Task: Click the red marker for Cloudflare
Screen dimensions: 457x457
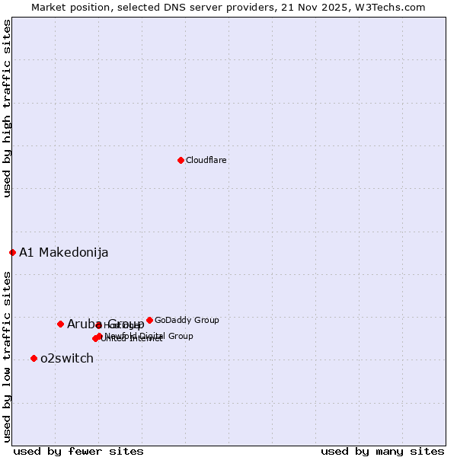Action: click(x=181, y=160)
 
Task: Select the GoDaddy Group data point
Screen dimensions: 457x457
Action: click(x=149, y=320)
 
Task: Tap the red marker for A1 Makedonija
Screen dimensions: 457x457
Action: click(x=12, y=252)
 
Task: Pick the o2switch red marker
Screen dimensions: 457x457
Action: click(x=34, y=358)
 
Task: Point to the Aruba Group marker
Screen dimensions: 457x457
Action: click(x=60, y=324)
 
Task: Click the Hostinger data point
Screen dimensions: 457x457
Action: click(x=99, y=325)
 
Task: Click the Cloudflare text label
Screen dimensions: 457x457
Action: click(x=206, y=160)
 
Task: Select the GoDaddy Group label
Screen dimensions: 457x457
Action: click(x=187, y=320)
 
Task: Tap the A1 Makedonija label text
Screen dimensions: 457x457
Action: click(x=64, y=252)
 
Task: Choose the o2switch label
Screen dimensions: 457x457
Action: click(x=67, y=358)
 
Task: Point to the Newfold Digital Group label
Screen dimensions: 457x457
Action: click(x=149, y=336)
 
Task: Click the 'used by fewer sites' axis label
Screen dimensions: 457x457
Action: click(x=78, y=451)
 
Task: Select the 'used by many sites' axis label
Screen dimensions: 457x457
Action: click(x=382, y=451)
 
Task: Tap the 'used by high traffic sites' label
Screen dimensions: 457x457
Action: click(x=7, y=108)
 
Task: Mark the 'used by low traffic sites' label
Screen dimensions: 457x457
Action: click(x=7, y=356)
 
